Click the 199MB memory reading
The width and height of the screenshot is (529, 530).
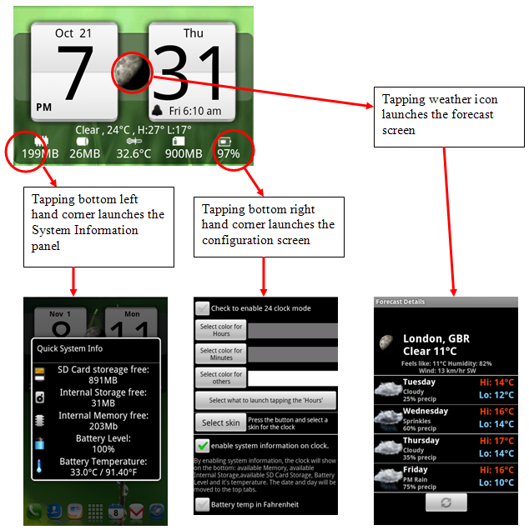(x=38, y=153)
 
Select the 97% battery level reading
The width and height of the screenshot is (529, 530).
(x=229, y=153)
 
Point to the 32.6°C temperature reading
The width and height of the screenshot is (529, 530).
(x=134, y=153)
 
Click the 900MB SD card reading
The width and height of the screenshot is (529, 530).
(x=184, y=153)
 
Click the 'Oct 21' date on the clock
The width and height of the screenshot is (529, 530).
(x=74, y=34)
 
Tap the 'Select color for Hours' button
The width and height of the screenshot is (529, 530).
(x=221, y=330)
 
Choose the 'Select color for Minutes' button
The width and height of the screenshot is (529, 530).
(x=221, y=354)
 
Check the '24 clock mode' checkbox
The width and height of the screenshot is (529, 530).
(x=202, y=308)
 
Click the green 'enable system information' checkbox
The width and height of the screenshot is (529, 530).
(x=202, y=445)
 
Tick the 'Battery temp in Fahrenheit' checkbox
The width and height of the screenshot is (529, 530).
(x=202, y=503)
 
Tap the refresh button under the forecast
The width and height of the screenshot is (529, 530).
(x=446, y=503)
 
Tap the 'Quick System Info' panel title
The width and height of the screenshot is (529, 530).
(x=70, y=349)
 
